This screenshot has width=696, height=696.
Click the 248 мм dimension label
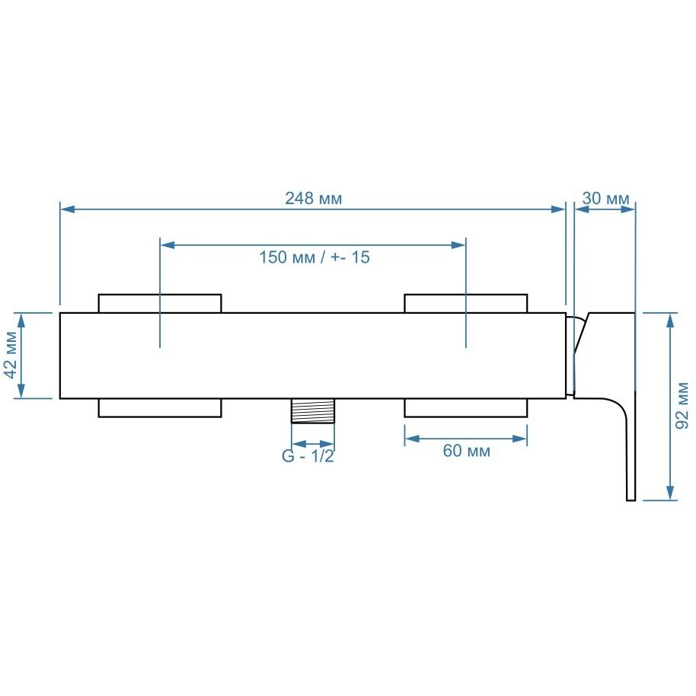click(314, 199)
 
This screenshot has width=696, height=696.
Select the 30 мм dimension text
click(605, 199)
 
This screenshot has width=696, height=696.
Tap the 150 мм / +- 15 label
click(314, 257)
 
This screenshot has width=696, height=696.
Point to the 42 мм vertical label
click(11, 355)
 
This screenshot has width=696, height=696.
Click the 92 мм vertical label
click(682, 406)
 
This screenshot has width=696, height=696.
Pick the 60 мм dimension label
click(467, 451)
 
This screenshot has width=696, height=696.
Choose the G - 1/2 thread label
click(308, 456)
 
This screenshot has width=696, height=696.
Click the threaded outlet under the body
click(312, 410)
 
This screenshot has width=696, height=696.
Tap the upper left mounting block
click(160, 303)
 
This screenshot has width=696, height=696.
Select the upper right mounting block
click(466, 303)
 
